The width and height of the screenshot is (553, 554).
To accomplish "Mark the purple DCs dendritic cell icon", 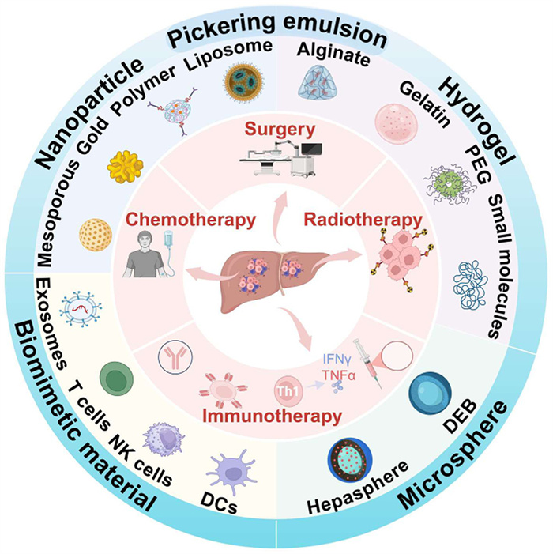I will coord(226,477).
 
